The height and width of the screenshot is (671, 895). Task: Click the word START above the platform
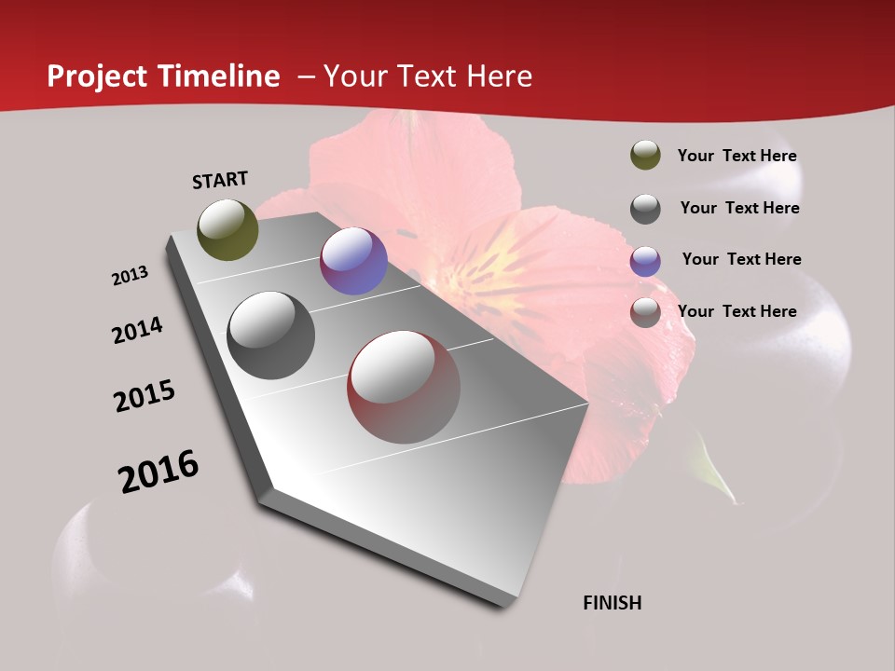220,179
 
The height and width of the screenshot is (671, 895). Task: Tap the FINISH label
613,603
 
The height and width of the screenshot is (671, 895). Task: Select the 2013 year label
130,276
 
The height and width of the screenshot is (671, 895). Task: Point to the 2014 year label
137,330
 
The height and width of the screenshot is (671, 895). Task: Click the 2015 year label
145,396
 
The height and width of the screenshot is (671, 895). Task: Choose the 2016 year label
158,471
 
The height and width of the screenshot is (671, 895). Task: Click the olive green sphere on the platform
227,229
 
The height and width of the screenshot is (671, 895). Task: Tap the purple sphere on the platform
353,261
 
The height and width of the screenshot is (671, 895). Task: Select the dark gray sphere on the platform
271,335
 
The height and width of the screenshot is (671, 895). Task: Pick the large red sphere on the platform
404,387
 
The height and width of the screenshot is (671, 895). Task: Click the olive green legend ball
645,155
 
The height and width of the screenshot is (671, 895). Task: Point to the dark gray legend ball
645,208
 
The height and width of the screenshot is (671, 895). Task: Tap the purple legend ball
645,260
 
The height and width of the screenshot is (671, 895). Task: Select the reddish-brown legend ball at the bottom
645,312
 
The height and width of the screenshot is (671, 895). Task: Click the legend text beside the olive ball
737,156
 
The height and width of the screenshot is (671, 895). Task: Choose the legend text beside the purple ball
741,259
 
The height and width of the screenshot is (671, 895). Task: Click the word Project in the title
98,76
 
